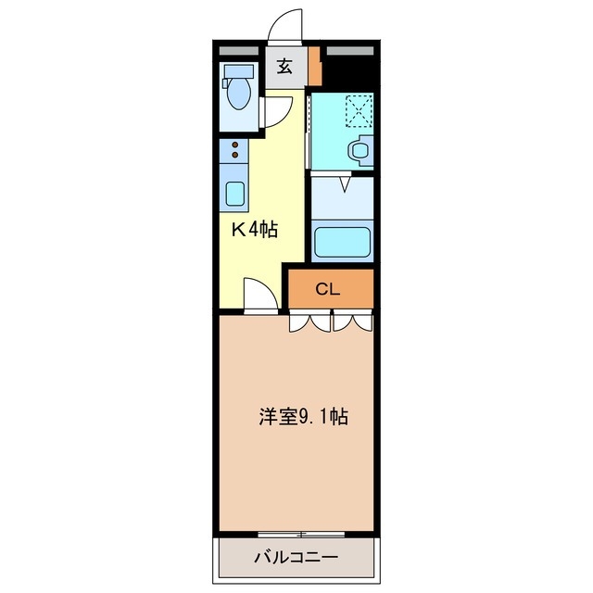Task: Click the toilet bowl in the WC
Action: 239,93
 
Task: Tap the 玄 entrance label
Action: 284,67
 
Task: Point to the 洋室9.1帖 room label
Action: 302,417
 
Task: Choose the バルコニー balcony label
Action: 296,559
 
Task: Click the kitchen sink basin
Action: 235,194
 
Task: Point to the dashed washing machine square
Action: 358,111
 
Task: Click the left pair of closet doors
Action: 309,322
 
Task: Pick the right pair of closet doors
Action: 353,322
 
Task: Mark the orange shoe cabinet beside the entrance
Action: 316,66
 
